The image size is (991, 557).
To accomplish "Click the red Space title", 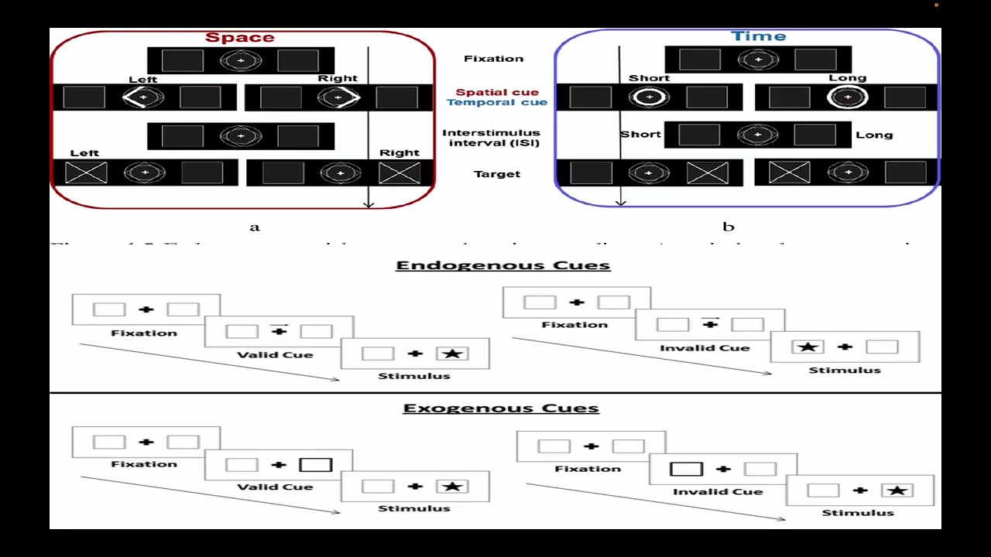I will pos(239,37).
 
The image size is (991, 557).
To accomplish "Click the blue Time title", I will pos(758,36).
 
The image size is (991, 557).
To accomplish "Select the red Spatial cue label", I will pos(496,92).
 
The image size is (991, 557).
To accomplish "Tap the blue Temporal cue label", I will pos(496,102).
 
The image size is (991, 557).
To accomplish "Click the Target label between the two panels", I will pos(496,174).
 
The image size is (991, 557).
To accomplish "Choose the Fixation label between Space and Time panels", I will pos(493,58).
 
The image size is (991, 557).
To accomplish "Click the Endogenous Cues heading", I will pos(502,265).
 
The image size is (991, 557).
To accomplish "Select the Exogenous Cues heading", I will pos(501,408).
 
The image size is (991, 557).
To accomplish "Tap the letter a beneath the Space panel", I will pos(255,227).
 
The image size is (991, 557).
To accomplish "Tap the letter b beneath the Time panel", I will pos(728,227).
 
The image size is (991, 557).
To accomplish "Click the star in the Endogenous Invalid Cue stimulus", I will pos(808,347).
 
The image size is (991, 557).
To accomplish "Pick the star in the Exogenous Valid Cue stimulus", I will pos(453,487).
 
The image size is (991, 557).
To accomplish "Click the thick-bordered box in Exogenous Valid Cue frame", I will pos(315,465).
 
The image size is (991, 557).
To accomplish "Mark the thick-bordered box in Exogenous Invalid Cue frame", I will pos(686,469).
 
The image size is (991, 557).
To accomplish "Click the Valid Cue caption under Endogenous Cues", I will pos(275,354).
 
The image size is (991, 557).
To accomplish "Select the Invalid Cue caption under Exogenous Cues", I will pos(717,491).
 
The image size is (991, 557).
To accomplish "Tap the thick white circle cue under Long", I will pos(848,97).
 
